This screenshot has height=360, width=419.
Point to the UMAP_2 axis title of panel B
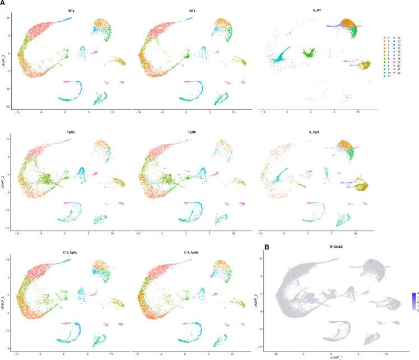pos(263,303)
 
